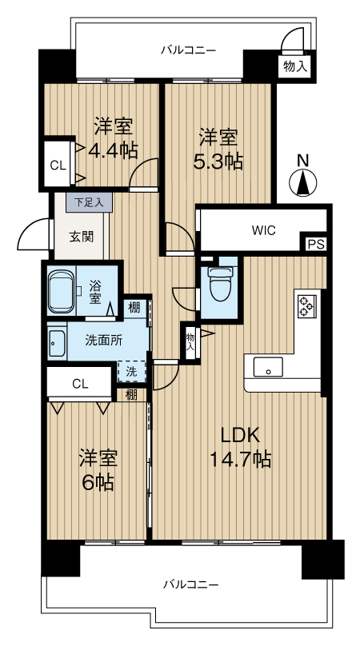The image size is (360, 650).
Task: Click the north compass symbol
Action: pyautogui.click(x=303, y=181)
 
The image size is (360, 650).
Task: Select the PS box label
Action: pyautogui.click(x=316, y=243)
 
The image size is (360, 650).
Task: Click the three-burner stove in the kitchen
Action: pyautogui.click(x=307, y=306)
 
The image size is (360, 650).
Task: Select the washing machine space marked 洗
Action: pyautogui.click(x=131, y=372)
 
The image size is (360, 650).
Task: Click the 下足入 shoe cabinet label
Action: pyautogui.click(x=88, y=203)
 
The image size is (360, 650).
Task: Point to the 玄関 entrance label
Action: pyautogui.click(x=81, y=237)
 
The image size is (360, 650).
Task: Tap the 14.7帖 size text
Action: pyautogui.click(x=241, y=459)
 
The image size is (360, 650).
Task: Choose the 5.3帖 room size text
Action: pyautogui.click(x=218, y=162)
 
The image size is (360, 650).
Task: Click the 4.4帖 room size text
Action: pyautogui.click(x=113, y=151)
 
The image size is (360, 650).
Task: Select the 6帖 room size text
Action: pyautogui.click(x=98, y=482)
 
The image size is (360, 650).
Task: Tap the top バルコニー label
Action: pyautogui.click(x=188, y=50)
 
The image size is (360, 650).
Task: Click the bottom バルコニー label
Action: pyautogui.click(x=190, y=585)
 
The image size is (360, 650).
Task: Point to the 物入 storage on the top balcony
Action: pyautogui.click(x=295, y=66)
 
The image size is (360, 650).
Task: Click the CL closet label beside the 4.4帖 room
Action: pyautogui.click(x=58, y=165)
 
